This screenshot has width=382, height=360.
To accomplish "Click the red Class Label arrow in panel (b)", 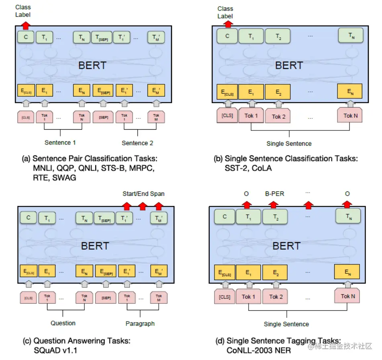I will (x=228, y=24).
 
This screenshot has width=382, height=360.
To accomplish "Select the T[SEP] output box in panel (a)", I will (x=102, y=38).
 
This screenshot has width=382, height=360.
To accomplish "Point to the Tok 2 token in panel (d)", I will (x=276, y=297).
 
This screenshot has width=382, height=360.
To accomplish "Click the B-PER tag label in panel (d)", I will (x=274, y=194).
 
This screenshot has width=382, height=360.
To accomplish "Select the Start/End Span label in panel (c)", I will (x=143, y=194).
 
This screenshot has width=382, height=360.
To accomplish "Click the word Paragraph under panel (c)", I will (x=140, y=323).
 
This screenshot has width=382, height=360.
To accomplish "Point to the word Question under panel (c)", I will (x=63, y=323).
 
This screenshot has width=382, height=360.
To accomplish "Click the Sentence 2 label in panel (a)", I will (x=137, y=143).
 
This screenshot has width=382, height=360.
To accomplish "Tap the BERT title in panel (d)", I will (x=286, y=246).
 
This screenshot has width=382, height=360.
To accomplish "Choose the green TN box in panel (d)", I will (x=348, y=217).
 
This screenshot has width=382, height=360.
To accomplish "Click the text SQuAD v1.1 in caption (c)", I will (x=57, y=350).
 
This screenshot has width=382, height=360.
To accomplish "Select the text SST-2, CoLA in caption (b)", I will (x=248, y=168).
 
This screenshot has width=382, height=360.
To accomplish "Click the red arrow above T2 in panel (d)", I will (x=274, y=205).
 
